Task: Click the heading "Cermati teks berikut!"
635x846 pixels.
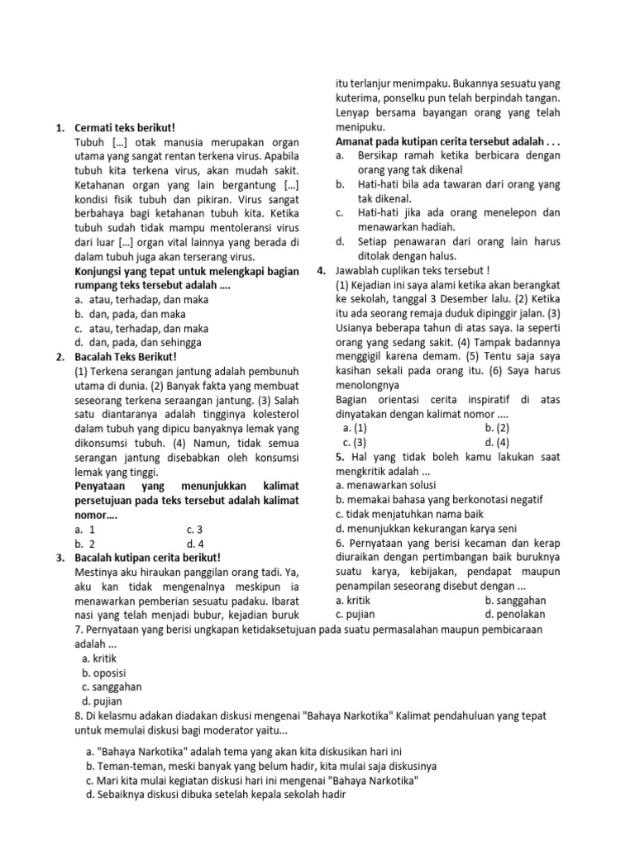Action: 125,128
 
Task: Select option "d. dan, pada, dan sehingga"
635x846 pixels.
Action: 141,341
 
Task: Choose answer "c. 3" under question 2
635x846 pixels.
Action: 195,529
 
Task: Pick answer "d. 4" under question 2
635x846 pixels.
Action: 195,543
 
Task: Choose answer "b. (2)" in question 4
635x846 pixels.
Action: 497,428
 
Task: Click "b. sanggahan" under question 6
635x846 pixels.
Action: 517,600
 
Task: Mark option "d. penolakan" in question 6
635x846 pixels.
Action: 516,614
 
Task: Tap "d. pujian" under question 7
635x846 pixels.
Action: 103,701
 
